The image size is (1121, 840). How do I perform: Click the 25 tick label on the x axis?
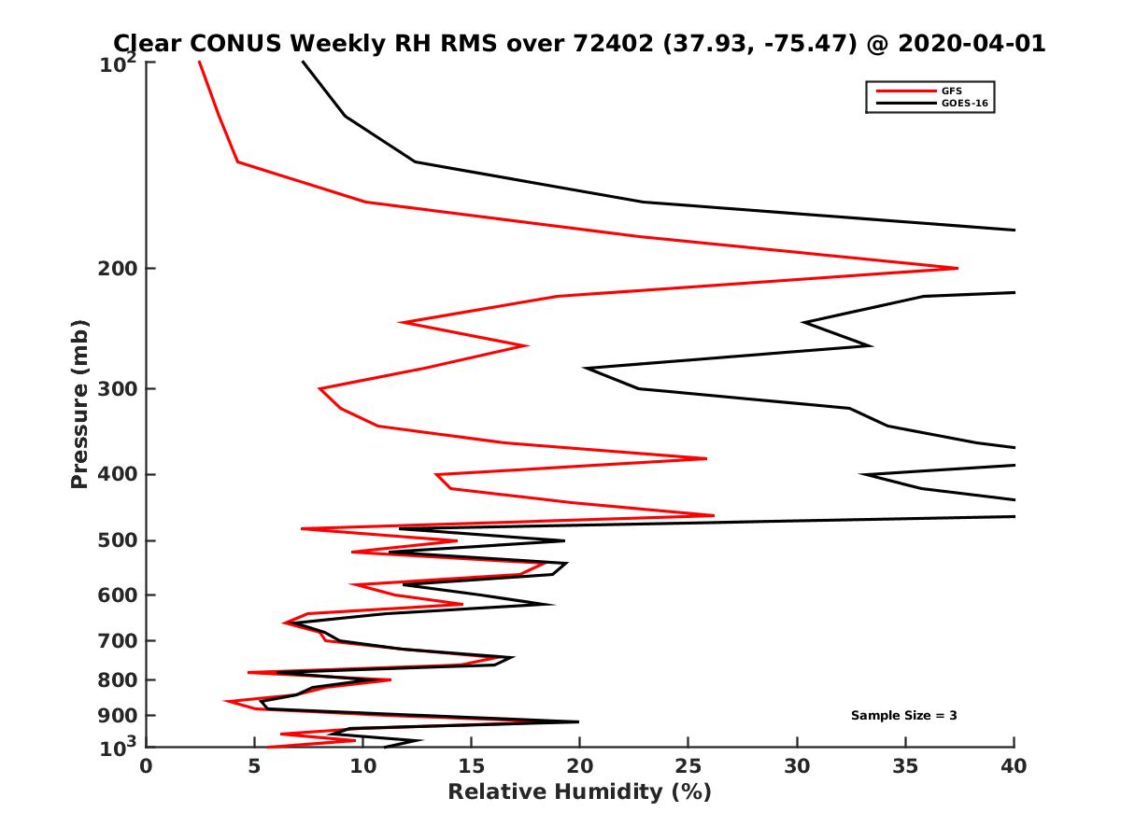click(688, 766)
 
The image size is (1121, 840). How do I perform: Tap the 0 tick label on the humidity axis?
click(147, 766)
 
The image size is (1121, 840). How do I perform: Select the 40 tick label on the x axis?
click(1014, 766)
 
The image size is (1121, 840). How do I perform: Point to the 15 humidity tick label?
click(472, 766)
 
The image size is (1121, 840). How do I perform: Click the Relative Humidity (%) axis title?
click(579, 792)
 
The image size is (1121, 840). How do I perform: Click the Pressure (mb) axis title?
click(79, 404)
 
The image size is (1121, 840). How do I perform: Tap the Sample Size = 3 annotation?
click(903, 716)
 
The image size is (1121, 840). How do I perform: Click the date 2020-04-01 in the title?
click(970, 44)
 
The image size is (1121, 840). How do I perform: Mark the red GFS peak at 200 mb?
click(958, 269)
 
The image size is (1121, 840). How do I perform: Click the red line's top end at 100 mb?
click(199, 62)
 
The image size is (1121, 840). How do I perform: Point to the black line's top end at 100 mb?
click(303, 62)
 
